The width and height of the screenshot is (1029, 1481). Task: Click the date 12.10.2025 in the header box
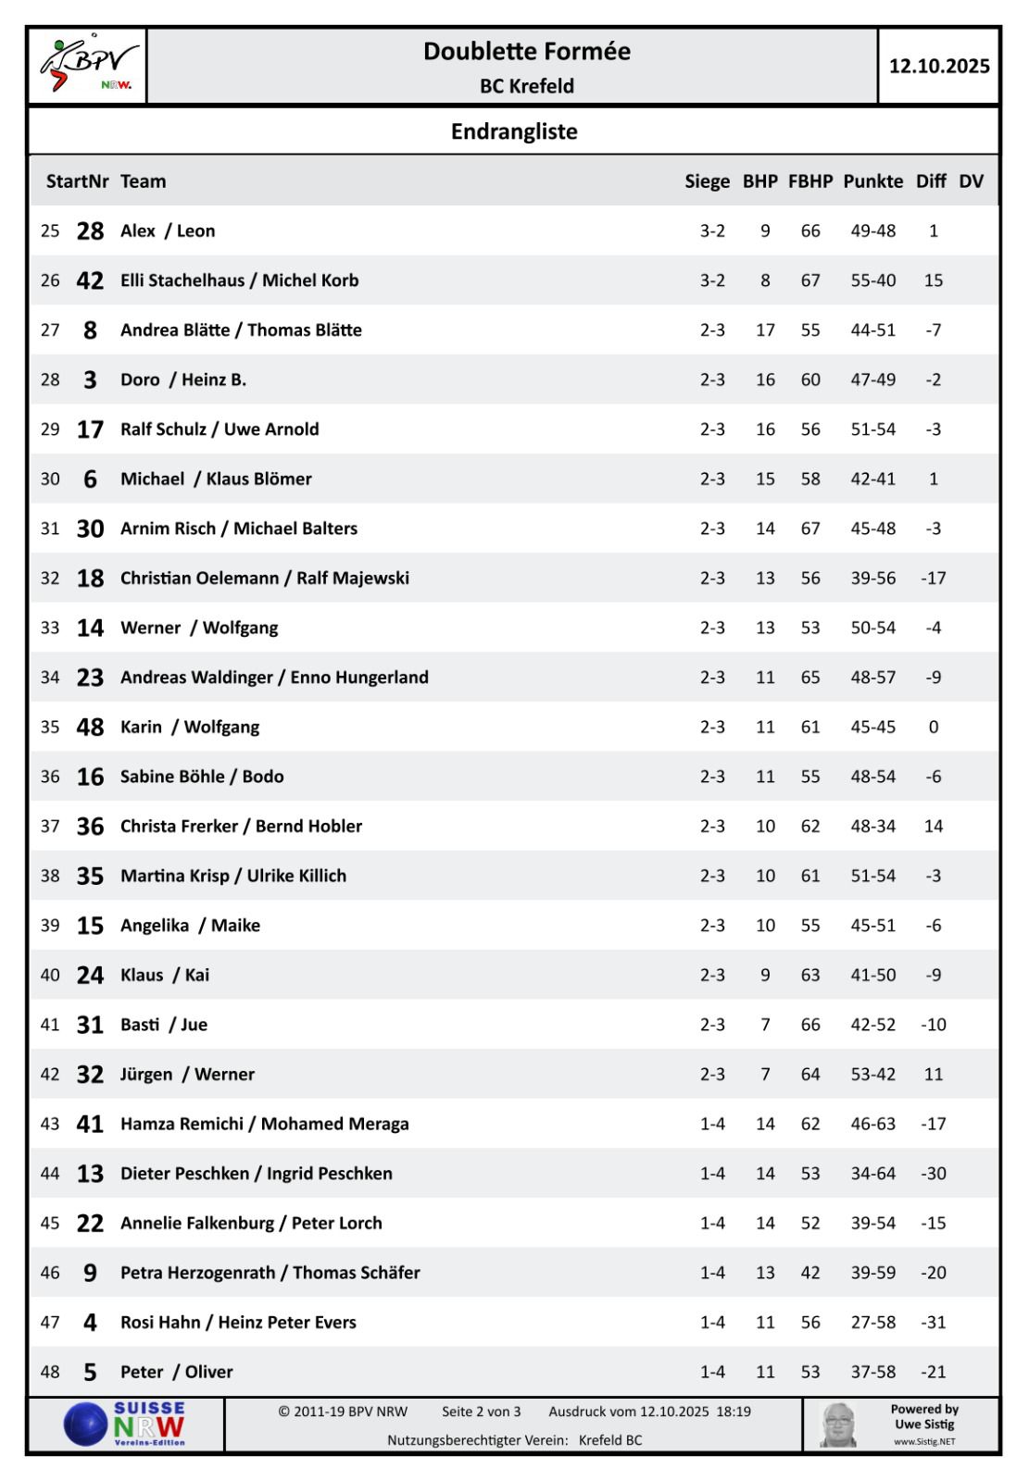[x=938, y=66]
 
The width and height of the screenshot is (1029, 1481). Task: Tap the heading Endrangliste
[x=514, y=131]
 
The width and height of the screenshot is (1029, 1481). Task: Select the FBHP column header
[x=810, y=181]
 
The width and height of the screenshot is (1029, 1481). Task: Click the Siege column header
[x=708, y=181]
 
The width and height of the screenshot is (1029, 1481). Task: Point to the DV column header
[x=971, y=181]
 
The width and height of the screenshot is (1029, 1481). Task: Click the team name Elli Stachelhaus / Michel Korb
[x=239, y=280]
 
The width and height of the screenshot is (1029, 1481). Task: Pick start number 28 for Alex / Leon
[x=90, y=231]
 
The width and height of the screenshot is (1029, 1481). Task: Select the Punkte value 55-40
[x=873, y=280]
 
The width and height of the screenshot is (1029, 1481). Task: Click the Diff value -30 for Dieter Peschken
[x=933, y=1174]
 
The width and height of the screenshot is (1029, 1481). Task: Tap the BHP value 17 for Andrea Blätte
[x=765, y=330]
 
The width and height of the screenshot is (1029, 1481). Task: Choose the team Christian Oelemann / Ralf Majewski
[x=265, y=579]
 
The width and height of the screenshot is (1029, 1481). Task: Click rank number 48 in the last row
[x=50, y=1372]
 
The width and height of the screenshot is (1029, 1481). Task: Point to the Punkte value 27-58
[x=873, y=1323]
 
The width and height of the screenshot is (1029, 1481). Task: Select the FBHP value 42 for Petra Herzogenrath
[x=810, y=1273]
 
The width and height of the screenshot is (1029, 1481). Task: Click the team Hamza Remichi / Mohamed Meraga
[x=265, y=1124]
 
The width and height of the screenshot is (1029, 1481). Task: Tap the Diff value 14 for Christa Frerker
[x=933, y=827]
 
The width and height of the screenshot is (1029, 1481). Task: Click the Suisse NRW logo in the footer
[x=126, y=1424]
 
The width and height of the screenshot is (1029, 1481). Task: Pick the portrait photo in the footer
[x=838, y=1425]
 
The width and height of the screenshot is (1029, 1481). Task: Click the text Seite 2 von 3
[x=482, y=1413]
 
